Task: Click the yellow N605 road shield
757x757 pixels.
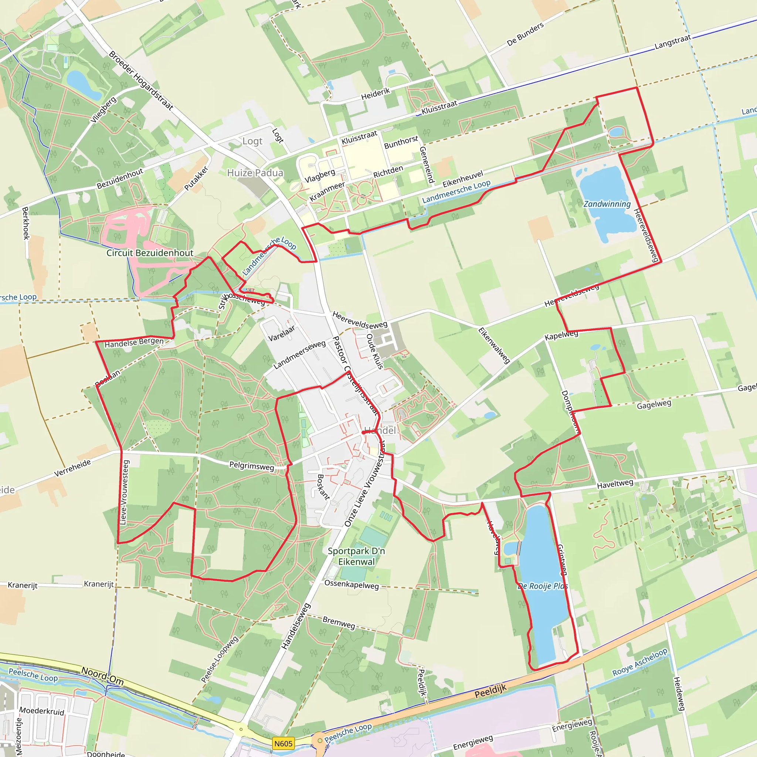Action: click(283, 744)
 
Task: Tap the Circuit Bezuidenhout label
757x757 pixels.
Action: click(150, 253)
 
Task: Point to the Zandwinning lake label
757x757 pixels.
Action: click(607, 204)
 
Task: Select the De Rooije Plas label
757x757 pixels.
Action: click(543, 586)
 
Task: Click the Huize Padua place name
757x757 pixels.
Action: click(255, 173)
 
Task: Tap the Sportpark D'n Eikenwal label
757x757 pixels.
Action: click(356, 556)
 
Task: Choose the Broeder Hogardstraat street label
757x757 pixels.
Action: click(141, 80)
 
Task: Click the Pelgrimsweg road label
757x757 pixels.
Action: click(252, 466)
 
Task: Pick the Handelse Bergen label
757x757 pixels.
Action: click(134, 342)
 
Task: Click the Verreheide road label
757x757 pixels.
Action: click(72, 468)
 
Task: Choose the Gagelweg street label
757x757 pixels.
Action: click(654, 405)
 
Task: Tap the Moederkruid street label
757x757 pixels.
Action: click(41, 711)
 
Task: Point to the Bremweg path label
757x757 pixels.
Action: click(339, 622)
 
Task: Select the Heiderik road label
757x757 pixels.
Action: click(376, 94)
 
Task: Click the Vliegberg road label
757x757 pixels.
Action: click(103, 110)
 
